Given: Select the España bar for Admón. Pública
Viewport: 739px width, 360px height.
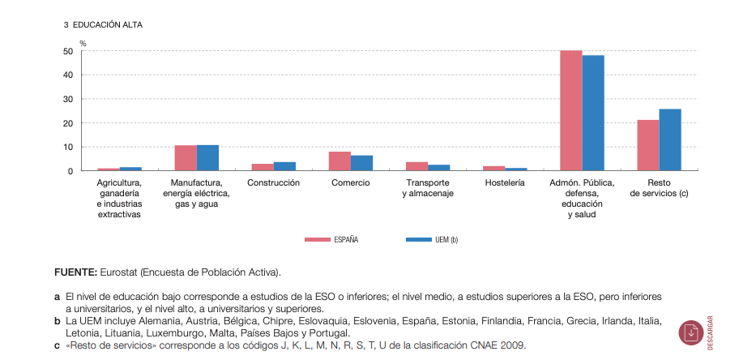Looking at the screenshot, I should pos(570,111).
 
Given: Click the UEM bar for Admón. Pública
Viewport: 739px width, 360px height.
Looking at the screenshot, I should pos(593,114).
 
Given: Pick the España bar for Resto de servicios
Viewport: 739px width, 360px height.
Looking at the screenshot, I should pos(647,146).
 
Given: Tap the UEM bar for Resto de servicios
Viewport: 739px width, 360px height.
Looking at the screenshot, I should pos(670,140).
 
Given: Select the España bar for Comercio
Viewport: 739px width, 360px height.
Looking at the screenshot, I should pos(340,161).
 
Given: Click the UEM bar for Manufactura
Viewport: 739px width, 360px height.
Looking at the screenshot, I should pos(207,158).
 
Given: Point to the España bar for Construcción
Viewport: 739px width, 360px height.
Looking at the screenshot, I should pos(263,167).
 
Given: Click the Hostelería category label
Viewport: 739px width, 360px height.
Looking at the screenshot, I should pos(504,183).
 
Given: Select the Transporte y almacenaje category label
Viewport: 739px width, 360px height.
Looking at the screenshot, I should pos(427,188).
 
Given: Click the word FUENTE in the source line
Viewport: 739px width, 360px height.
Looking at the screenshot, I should pos(75,272).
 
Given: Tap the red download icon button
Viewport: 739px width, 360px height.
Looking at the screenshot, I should pos(691,332).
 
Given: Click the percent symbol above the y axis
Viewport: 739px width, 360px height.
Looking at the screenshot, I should pos(83,42).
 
